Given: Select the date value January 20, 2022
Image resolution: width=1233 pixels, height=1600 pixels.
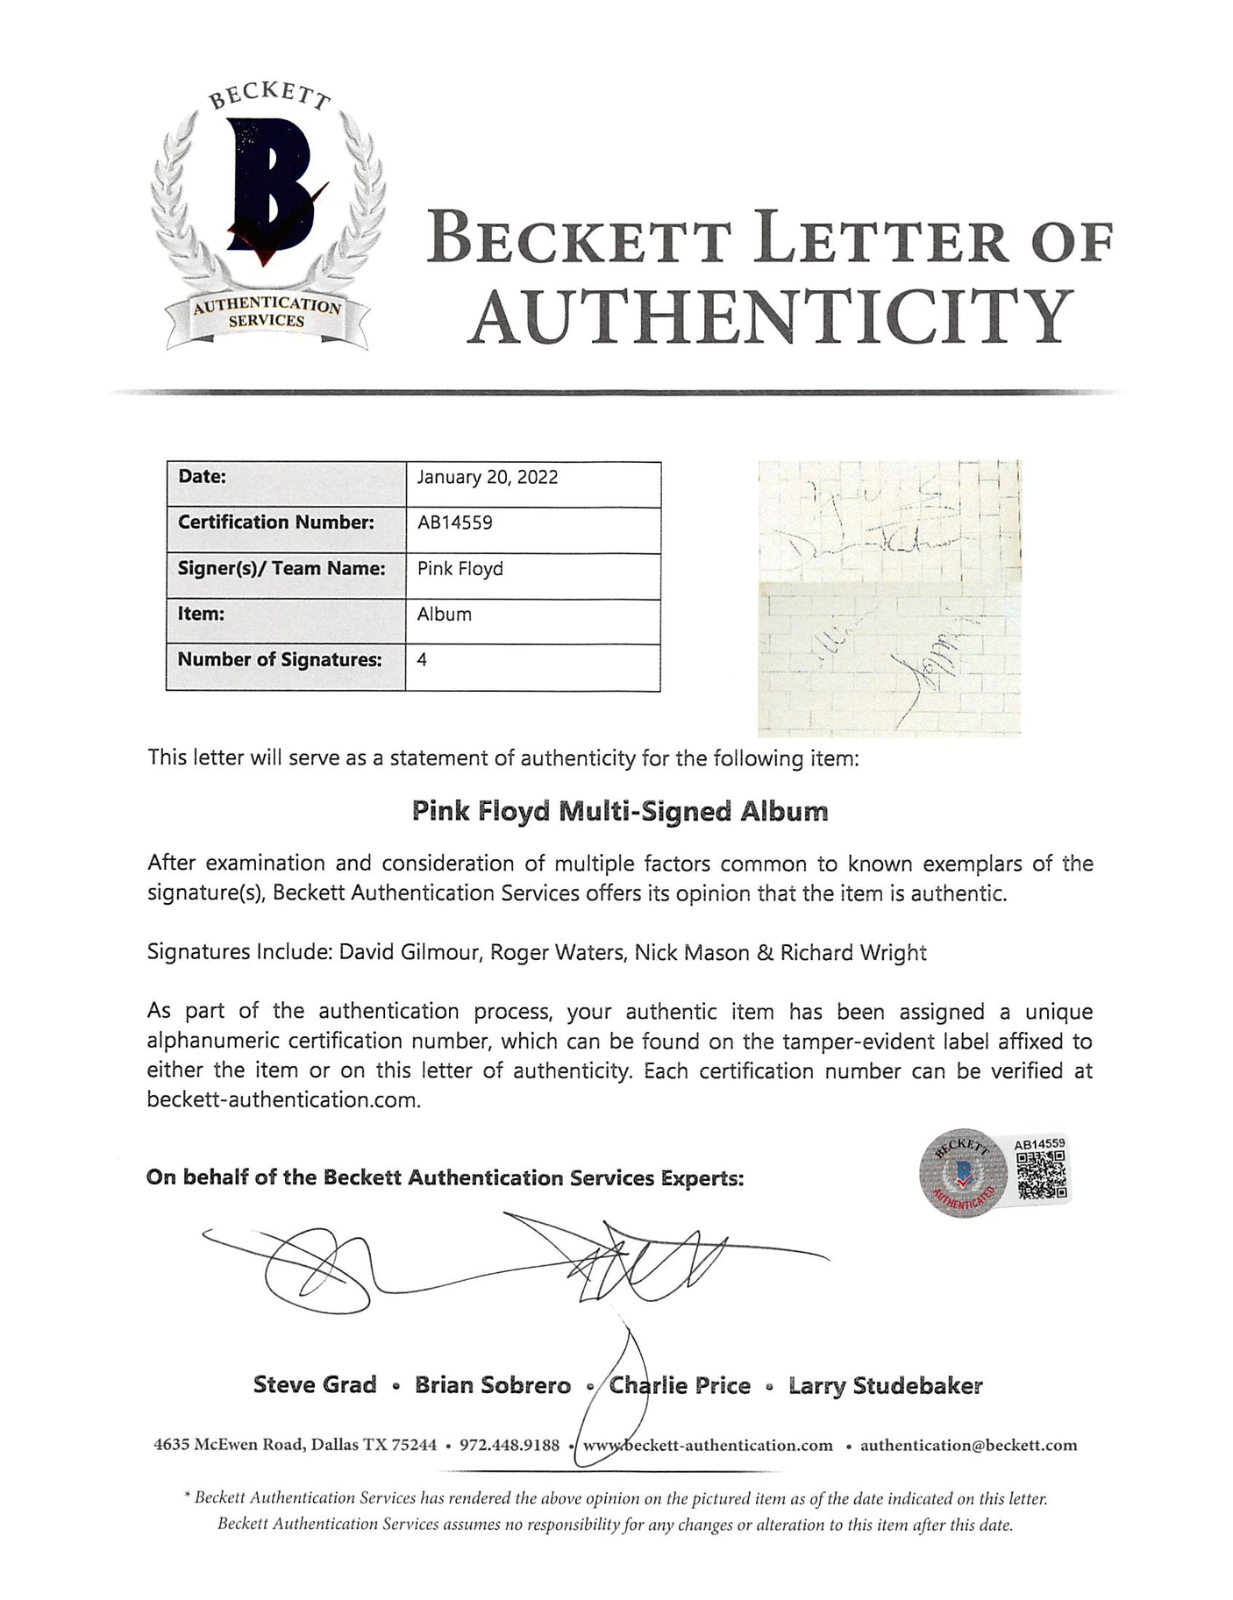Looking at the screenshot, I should (488, 478).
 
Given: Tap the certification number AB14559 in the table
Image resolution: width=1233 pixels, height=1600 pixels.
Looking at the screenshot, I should (454, 523).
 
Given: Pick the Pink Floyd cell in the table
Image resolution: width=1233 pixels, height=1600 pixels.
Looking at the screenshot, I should (460, 569).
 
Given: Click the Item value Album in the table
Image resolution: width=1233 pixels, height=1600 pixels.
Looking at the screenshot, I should (444, 615).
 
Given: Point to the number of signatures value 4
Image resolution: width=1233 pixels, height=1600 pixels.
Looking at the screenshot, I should (422, 660).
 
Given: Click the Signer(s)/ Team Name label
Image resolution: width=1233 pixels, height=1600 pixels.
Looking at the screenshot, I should (282, 569).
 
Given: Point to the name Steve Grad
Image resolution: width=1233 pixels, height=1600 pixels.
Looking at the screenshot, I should (315, 1385).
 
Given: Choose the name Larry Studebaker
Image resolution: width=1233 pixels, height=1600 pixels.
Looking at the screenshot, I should (885, 1385).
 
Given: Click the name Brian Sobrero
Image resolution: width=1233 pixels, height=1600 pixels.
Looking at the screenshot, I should (492, 1385).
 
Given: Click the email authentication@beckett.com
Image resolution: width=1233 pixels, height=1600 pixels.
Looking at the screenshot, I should (968, 1446).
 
